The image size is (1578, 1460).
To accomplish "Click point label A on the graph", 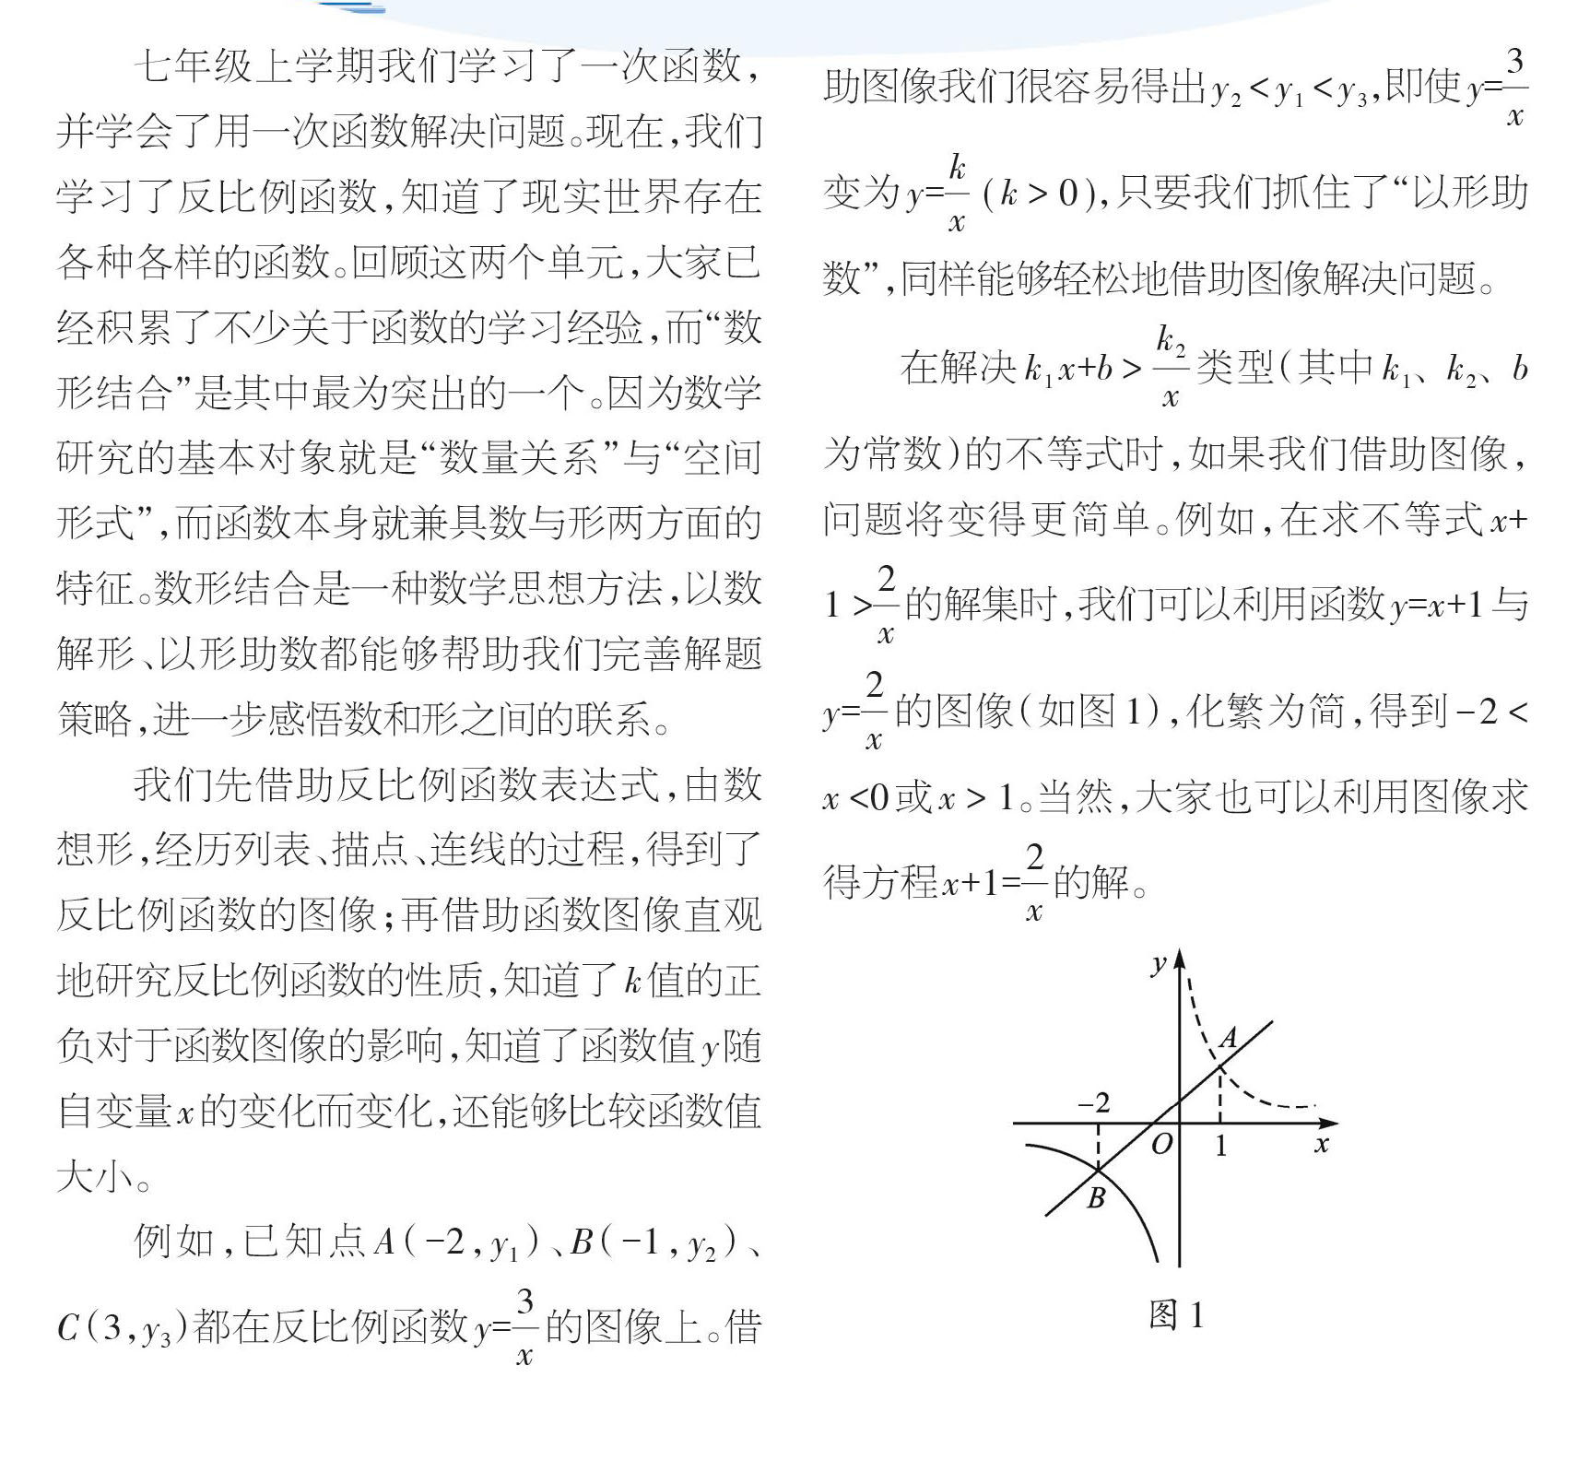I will click(x=1229, y=1039).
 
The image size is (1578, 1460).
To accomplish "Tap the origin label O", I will click(x=1162, y=1145).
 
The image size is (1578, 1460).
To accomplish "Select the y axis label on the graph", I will click(x=1159, y=965).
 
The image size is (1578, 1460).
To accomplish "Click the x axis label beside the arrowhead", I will click(x=1322, y=1145).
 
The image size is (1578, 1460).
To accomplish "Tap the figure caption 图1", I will click(x=1176, y=1315).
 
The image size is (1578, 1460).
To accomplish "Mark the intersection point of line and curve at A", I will click(x=1220, y=1067).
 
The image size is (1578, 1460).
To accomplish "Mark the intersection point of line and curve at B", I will click(x=1098, y=1170).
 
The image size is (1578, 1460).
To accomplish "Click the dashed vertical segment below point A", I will click(x=1220, y=1096).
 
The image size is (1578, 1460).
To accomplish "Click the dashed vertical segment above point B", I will click(x=1098, y=1147).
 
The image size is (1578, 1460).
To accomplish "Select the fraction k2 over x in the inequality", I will click(x=1170, y=367).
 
